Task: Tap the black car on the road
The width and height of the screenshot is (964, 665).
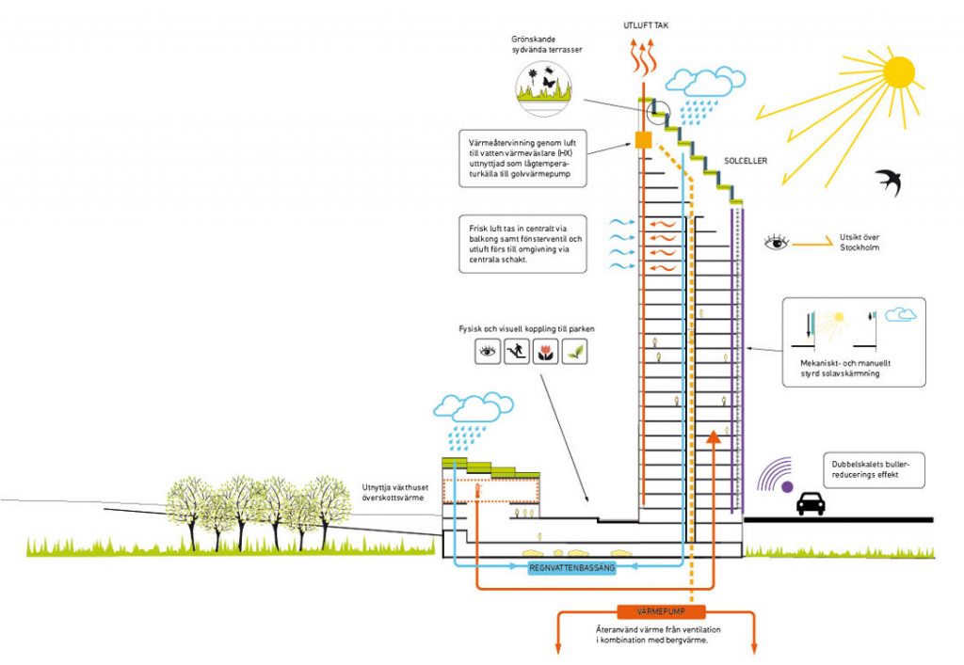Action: tap(811, 503)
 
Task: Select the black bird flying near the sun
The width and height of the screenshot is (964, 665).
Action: tap(888, 181)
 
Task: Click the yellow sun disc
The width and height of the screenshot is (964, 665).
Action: tap(899, 71)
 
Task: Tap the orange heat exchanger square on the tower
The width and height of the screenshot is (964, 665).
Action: tap(643, 141)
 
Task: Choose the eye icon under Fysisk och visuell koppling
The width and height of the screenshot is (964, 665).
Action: tap(488, 353)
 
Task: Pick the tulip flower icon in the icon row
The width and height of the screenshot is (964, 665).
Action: tap(545, 353)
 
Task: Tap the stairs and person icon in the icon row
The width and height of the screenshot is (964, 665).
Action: tap(516, 353)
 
